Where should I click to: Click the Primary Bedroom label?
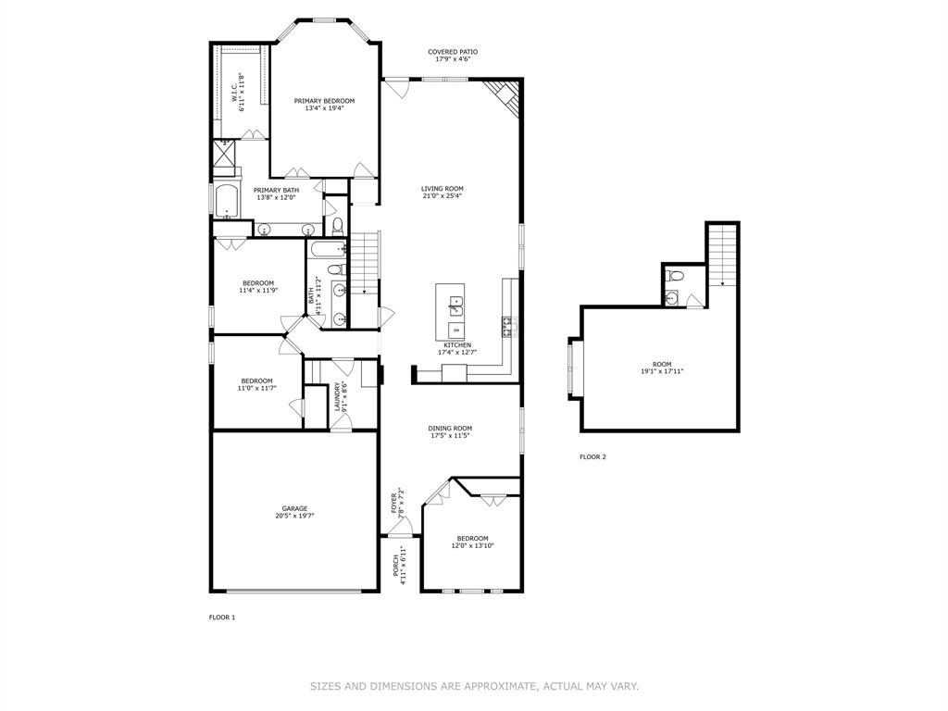pyautogui.click(x=324, y=101)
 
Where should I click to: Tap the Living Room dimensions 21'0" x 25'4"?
pyautogui.click(x=442, y=196)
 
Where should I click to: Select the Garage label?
pyautogui.click(x=295, y=508)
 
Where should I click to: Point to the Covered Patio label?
pyautogui.click(x=453, y=52)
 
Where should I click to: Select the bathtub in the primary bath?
pyautogui.click(x=227, y=200)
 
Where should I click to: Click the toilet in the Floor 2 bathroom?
pyautogui.click(x=676, y=276)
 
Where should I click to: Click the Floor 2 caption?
pyautogui.click(x=592, y=456)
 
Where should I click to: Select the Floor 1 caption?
pyautogui.click(x=222, y=617)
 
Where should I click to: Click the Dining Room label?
pyautogui.click(x=450, y=429)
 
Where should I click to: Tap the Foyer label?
pyautogui.click(x=396, y=501)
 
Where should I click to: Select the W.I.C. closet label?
pyautogui.click(x=237, y=93)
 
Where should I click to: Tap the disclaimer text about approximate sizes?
pyautogui.click(x=474, y=686)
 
